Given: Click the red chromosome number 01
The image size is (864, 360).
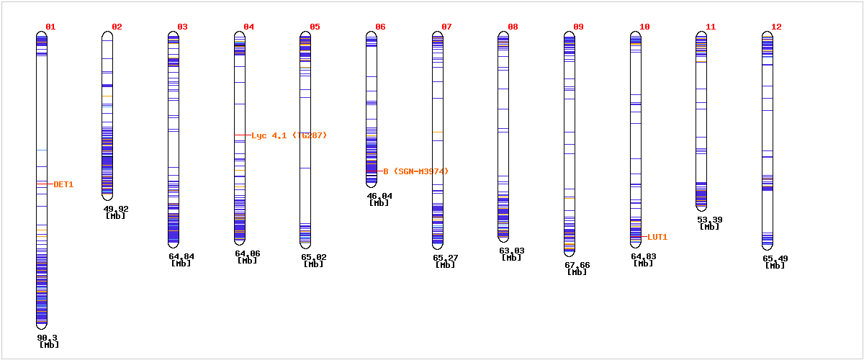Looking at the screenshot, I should (x=50, y=27).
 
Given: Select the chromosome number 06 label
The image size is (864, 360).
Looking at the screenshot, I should (x=380, y=27).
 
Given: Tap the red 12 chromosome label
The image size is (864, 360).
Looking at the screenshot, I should (x=776, y=27).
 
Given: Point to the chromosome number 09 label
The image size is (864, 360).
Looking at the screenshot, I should (x=579, y=27).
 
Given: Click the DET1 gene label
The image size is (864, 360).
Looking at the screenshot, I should (x=63, y=184).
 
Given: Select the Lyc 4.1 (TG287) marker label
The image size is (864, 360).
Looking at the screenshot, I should (x=289, y=135).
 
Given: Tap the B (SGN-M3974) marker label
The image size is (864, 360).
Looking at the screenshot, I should (x=415, y=171).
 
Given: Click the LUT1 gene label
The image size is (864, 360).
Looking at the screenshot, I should (x=657, y=237).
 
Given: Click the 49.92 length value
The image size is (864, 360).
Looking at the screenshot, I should (x=116, y=209).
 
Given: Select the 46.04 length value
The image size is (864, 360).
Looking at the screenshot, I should (x=379, y=195).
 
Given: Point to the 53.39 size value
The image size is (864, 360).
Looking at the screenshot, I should (x=709, y=220).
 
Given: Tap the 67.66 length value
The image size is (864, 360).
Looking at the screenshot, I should (x=577, y=265).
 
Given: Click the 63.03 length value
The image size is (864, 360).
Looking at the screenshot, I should (x=511, y=251).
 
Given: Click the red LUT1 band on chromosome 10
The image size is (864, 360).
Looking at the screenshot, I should (x=636, y=236).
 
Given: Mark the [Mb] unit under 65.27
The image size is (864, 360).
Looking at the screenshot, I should (x=446, y=264).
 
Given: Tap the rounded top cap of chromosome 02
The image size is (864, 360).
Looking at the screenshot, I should (x=107, y=35).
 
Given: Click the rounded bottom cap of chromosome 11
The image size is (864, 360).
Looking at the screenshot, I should (x=701, y=207).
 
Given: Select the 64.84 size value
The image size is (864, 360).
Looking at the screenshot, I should (x=181, y=256).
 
